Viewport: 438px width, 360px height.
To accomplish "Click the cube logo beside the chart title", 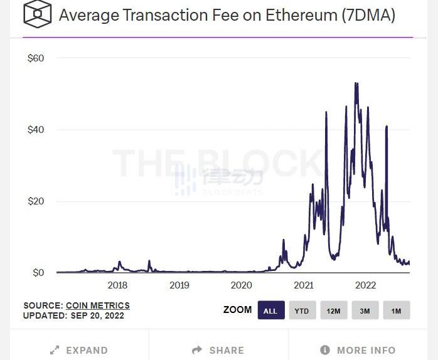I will tap(38, 14).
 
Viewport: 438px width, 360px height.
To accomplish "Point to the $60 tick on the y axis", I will tap(35, 58).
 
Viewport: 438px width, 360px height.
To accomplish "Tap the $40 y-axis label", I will tap(35, 130).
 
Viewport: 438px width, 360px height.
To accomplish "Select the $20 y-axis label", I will tap(35, 201).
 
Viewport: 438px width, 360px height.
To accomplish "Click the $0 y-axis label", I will tap(38, 273).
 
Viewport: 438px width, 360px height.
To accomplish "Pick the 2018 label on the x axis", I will tap(117, 285).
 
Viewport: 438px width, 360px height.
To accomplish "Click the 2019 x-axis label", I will tap(179, 285).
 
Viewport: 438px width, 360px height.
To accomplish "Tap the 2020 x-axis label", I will tap(242, 285).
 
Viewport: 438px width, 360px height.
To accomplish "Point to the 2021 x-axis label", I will tap(304, 285).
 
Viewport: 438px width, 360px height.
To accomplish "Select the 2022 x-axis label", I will tap(366, 285).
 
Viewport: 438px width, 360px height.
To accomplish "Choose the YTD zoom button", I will tap(302, 310).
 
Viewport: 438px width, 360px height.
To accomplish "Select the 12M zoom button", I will tap(333, 310).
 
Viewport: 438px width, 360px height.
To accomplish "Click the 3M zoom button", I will tap(365, 310).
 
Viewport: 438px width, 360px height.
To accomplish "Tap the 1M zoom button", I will tap(396, 310).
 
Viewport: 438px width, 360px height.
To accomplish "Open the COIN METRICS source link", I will tap(98, 305).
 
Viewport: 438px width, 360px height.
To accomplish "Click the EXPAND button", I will tap(79, 350).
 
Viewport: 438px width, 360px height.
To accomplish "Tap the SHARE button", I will tap(219, 350).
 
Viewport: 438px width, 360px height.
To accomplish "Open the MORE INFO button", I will tap(358, 350).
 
